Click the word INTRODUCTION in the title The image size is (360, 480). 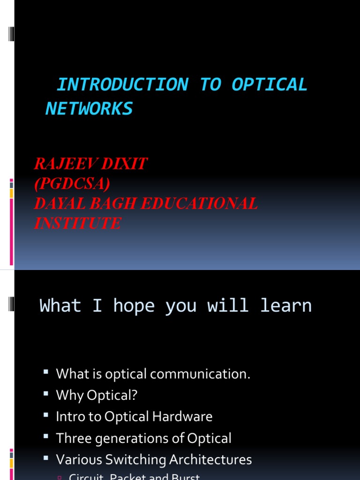(x=122, y=85)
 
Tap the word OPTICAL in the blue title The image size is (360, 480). (x=269, y=85)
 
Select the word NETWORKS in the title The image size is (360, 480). (x=89, y=109)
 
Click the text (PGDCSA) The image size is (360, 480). (x=72, y=184)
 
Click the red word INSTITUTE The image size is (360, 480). (x=77, y=223)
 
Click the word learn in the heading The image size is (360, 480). (x=286, y=306)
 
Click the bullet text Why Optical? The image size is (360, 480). (x=97, y=395)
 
